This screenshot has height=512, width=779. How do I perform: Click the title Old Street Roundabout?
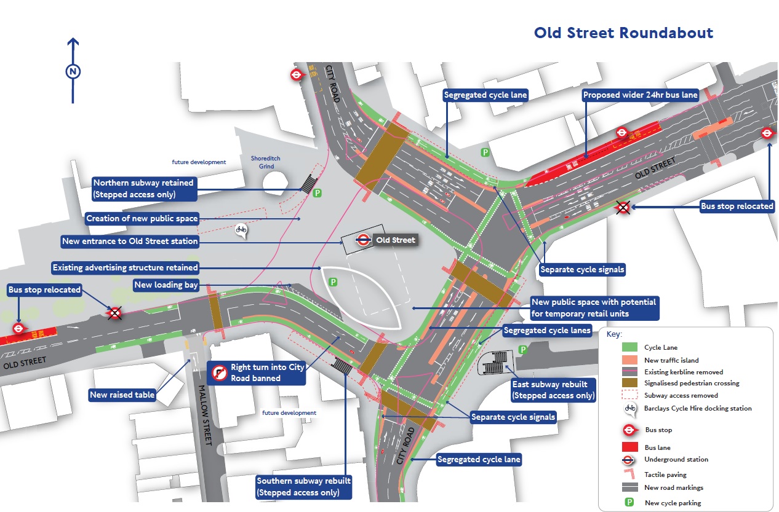tap(623, 33)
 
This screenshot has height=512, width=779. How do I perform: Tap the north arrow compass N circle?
tap(73, 72)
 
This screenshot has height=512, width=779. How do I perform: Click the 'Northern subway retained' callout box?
tap(144, 189)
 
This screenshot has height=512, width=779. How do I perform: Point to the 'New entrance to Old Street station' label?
tap(130, 242)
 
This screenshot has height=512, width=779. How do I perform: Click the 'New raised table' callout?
tap(122, 395)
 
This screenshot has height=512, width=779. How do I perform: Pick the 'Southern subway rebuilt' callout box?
tap(304, 486)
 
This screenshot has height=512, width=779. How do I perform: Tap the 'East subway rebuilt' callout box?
tap(553, 390)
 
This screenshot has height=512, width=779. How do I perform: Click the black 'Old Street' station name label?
tap(395, 240)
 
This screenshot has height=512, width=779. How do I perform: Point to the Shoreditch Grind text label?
tap(265, 162)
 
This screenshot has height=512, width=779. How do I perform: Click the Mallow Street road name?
tap(207, 416)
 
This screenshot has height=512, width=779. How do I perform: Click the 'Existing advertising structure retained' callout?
tap(125, 267)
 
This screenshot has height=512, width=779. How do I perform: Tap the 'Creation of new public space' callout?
tap(142, 219)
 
